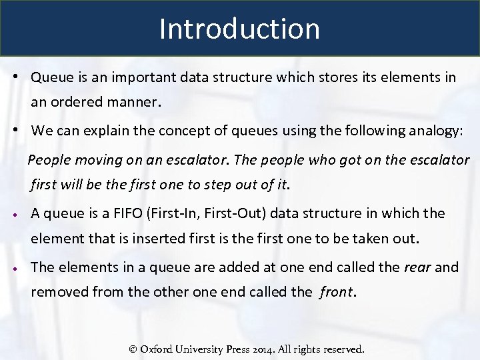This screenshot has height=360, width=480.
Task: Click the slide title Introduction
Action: tap(239, 29)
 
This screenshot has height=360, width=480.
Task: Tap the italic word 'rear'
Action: tap(417, 267)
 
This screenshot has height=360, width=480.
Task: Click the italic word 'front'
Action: tap(337, 291)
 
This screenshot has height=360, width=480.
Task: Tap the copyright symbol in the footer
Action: tap(133, 349)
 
